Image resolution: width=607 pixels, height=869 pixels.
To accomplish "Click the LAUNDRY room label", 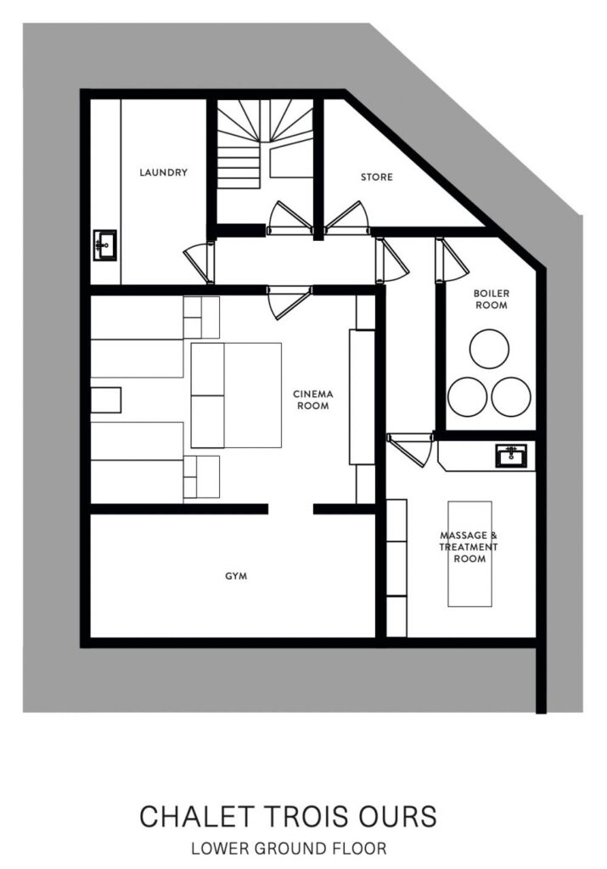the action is point(163,172).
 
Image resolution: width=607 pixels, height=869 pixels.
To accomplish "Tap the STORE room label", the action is point(376,177).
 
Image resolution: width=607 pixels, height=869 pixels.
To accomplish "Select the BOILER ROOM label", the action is point(491,300).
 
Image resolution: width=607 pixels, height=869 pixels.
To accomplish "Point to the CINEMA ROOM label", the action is point(313,400).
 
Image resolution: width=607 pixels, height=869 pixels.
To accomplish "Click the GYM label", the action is point(236,576).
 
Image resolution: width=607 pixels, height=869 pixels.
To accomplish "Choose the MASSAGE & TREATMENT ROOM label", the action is point(469,547).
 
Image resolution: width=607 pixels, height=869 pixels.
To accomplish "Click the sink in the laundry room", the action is point(104,245).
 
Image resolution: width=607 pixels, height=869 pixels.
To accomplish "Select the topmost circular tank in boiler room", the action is point(489,349).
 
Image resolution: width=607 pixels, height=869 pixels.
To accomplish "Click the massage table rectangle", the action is point(469,554).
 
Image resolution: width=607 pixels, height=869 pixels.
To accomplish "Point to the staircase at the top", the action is point(264,144).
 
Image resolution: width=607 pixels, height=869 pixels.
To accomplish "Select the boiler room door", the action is point(452,260).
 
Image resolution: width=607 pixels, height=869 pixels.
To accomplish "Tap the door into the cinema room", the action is point(289,303).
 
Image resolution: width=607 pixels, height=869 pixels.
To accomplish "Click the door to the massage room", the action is point(411,450).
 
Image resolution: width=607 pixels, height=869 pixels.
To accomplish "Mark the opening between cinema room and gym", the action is point(291,509).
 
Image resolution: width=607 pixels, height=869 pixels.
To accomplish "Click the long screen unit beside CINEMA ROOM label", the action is point(362,397).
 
